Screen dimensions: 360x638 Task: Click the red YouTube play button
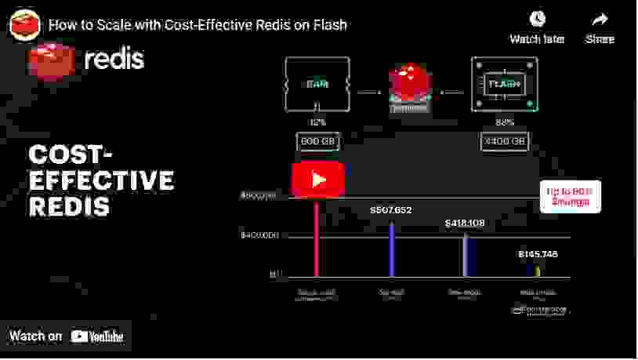(317, 180)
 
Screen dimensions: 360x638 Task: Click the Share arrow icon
(600, 20)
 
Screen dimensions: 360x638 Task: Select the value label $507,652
(390, 210)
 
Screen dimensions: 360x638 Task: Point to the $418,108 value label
(465, 224)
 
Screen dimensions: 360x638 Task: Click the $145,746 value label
(538, 254)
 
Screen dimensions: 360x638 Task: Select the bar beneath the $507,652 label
(391, 249)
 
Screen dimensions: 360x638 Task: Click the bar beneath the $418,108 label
(465, 255)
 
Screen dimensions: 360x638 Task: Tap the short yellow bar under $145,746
(538, 271)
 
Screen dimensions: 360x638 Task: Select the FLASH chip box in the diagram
(505, 83)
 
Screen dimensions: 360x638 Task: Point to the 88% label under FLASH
(505, 122)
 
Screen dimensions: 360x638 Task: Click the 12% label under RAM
(317, 122)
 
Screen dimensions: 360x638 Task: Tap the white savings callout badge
(571, 196)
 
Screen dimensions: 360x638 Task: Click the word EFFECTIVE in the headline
(101, 181)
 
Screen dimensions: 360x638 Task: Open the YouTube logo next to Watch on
(97, 336)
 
